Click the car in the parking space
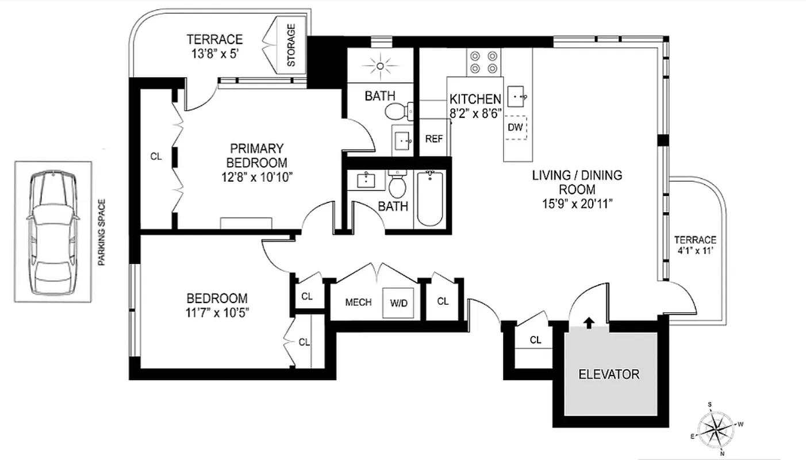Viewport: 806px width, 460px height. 52,232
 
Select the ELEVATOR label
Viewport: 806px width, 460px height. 608,374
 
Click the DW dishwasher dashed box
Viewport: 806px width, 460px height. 516,128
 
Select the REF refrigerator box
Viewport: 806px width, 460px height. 433,139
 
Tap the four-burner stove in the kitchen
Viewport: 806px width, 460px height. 483,62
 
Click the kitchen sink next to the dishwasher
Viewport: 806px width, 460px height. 519,95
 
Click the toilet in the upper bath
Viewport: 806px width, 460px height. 397,110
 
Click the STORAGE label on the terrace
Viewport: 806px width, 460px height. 291,45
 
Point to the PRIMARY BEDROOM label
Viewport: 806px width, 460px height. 256,155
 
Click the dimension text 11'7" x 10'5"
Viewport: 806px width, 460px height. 217,313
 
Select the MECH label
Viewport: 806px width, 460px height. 358,302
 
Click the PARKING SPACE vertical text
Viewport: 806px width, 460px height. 102,232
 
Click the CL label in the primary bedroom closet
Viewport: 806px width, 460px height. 156,156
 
